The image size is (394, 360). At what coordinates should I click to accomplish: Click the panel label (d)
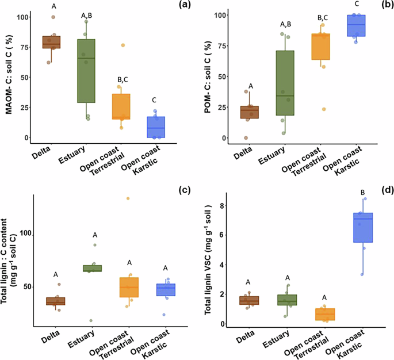point(381,190)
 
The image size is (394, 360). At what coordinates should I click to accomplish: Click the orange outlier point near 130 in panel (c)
point(128,198)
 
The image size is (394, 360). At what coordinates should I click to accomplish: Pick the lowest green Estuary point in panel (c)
point(90,320)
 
